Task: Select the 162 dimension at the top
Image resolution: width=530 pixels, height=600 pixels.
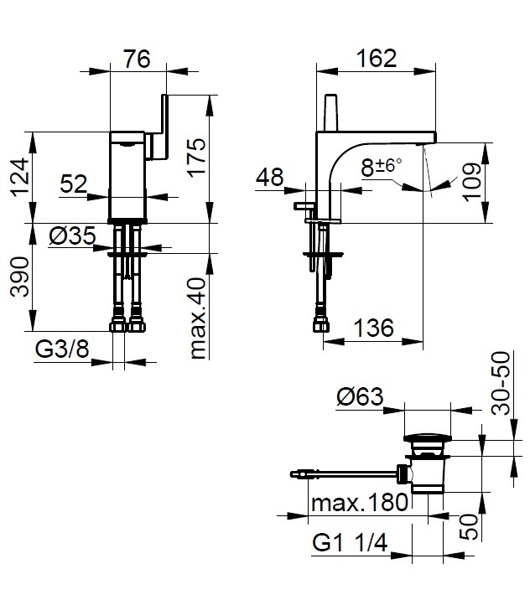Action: click(376, 58)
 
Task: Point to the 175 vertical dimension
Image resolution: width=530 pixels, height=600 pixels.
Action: click(195, 157)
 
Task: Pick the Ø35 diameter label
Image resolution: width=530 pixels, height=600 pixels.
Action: click(72, 237)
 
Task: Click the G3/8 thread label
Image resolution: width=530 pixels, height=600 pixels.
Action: click(61, 349)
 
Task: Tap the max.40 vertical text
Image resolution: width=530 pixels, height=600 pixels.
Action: click(197, 319)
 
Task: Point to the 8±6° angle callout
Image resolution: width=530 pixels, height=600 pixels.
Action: click(382, 166)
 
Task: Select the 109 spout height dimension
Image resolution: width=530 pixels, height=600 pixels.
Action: click(472, 182)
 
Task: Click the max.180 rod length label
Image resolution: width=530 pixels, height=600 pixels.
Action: click(359, 503)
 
